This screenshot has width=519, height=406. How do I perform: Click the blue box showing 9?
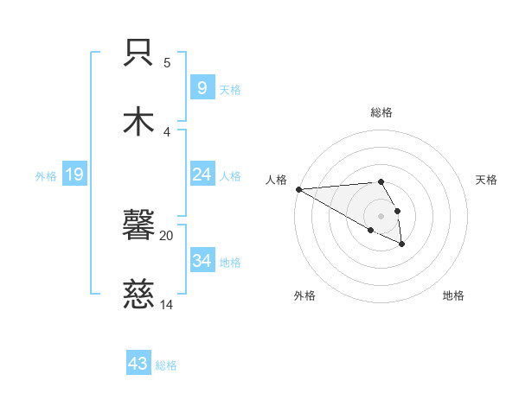point(202,88)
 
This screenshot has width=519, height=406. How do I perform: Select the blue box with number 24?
point(202,174)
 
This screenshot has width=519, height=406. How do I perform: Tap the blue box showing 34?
point(202,260)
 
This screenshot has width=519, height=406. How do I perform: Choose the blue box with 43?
point(138,364)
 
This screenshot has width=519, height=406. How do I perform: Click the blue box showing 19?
point(74,175)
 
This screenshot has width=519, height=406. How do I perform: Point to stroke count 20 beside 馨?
point(167,235)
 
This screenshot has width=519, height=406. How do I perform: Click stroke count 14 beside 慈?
point(167,304)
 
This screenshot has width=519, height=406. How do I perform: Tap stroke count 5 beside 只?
point(167,63)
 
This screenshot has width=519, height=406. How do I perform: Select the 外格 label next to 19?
point(46,176)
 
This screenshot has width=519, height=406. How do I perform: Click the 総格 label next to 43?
point(167,365)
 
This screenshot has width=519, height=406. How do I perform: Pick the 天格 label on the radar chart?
point(486,180)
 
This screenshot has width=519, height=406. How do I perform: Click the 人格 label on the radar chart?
point(276,180)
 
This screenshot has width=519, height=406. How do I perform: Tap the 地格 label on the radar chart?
point(453,295)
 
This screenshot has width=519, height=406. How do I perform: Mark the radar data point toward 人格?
point(298,189)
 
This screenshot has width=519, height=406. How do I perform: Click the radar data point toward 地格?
point(402,244)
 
